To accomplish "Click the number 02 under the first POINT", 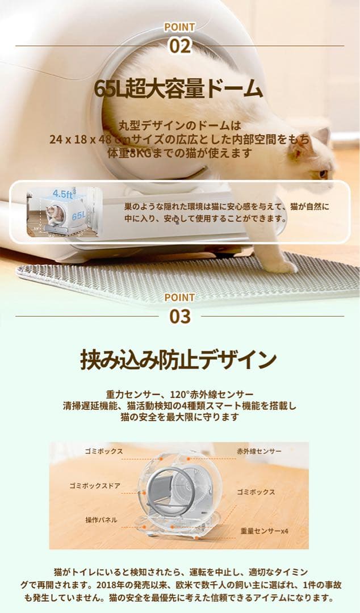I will point(179,45).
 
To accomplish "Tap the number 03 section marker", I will point(179,316).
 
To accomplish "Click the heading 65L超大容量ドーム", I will point(179,90).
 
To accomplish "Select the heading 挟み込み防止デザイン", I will point(179,360).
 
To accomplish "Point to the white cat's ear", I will point(323,136).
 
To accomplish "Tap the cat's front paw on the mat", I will point(282,265).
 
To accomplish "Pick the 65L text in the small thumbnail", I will point(78,216).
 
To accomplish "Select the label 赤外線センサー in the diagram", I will point(259,451).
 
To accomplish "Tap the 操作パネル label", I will point(102,519).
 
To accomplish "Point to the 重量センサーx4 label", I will point(264,531).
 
